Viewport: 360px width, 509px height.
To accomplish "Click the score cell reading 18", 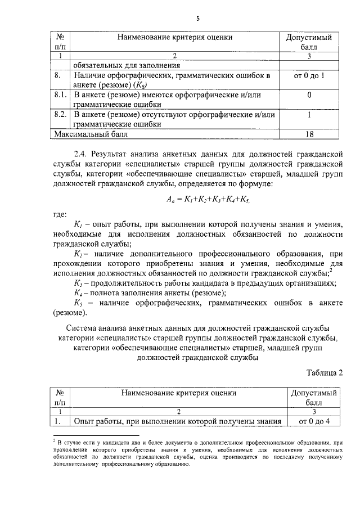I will coord(309,134).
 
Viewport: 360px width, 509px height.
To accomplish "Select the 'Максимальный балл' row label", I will coord(91,134).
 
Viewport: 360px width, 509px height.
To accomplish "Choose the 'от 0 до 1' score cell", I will coord(309,75).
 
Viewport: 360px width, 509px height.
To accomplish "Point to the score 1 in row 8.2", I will coord(309,115).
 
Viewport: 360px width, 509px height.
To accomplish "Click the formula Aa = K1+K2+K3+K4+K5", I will coord(208,199).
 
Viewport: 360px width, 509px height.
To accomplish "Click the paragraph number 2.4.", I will coord(82,153).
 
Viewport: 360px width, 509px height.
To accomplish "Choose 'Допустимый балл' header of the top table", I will coord(309,42).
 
